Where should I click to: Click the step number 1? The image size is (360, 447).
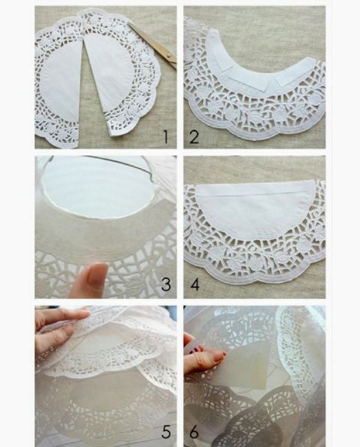(165, 135)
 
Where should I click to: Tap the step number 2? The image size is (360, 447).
(195, 136)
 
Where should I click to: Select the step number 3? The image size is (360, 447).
(165, 284)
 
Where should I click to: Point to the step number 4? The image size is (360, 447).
(195, 284)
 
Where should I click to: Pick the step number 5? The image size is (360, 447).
(165, 433)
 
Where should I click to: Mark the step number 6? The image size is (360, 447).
(195, 433)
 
